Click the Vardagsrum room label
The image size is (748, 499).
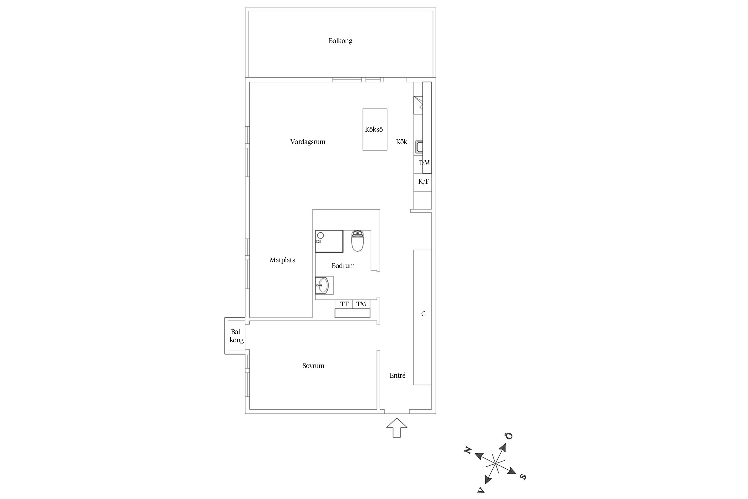tap(308, 142)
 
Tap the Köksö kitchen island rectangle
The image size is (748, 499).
tap(375, 129)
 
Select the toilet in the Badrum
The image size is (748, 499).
tap(357, 241)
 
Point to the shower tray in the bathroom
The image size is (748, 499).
tap(329, 241)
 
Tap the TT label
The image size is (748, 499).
tap(344, 304)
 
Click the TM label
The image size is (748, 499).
tap(361, 304)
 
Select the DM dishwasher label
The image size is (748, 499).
tap(424, 163)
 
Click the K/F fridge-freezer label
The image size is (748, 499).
tap(424, 182)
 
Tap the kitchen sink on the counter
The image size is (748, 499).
tap(419, 147)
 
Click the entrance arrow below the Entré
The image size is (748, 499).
tap(397, 428)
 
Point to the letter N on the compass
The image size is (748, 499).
tap(468, 451)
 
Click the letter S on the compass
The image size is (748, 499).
tap(523, 477)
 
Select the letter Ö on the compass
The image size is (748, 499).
tap(509, 436)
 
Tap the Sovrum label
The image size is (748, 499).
tap(313, 366)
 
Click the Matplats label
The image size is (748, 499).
tap(282, 260)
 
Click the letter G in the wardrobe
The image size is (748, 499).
tap(423, 314)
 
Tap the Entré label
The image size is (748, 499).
tap(397, 375)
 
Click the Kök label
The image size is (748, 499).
tap(401, 142)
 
